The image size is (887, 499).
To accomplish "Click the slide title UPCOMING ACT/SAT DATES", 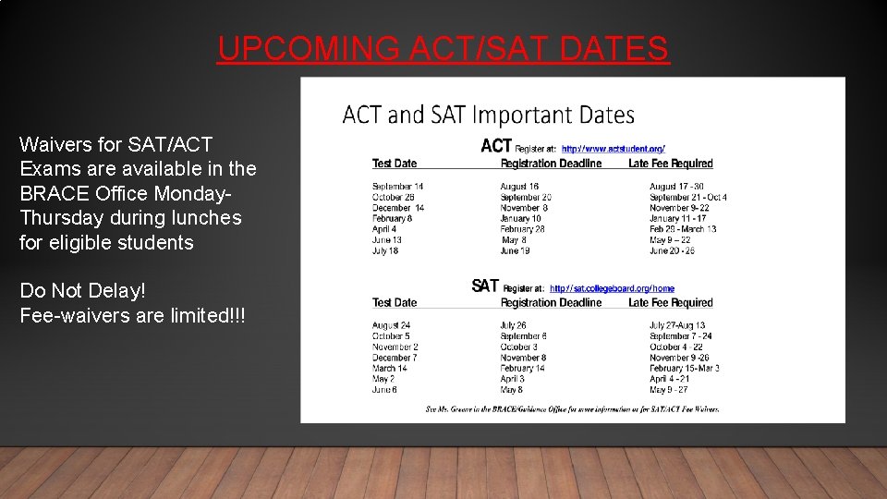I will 443,48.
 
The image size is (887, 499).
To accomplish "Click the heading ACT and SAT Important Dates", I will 488,116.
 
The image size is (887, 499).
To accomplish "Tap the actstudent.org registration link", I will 613,148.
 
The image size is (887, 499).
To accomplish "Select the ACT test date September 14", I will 397,187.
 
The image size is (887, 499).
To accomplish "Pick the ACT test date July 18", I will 385,250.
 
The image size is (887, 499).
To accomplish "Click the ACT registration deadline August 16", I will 519,187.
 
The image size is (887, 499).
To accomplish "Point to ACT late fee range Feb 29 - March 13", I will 682,229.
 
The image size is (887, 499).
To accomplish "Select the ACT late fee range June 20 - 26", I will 672,250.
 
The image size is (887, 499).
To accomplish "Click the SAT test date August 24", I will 391,325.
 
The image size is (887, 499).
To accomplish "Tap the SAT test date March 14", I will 389,368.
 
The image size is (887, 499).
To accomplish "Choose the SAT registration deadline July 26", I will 513,325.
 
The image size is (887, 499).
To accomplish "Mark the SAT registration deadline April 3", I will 512,379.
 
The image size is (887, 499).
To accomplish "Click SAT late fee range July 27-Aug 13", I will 676,325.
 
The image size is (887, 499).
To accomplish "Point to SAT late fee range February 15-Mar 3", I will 684,368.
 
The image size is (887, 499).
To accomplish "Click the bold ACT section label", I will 496,146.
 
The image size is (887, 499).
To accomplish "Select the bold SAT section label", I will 485,286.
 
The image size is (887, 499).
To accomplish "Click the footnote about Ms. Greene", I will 572,408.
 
